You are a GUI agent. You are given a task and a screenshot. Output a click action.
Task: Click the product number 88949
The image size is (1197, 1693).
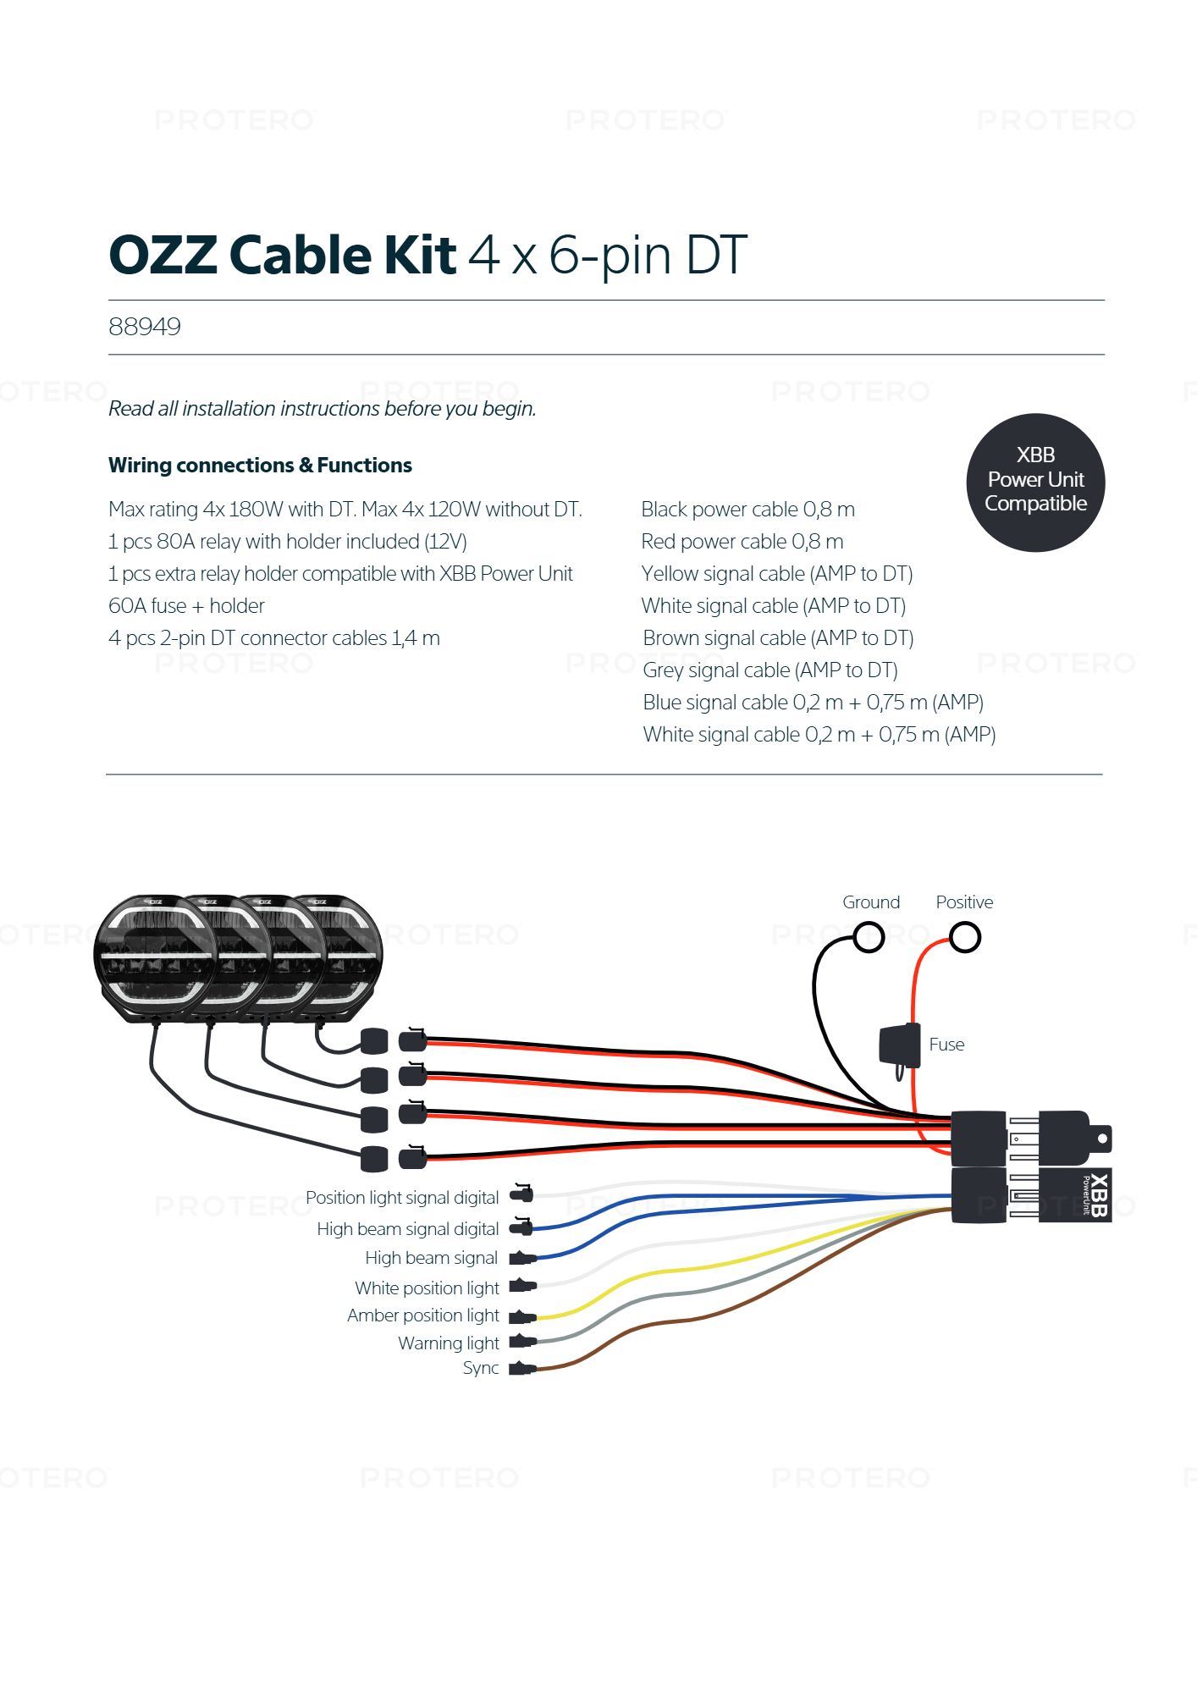click(x=145, y=327)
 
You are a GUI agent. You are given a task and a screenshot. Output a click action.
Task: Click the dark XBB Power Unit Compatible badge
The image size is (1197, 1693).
click(x=1035, y=482)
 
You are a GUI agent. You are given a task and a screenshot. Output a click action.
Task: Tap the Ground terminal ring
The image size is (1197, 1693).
click(x=869, y=938)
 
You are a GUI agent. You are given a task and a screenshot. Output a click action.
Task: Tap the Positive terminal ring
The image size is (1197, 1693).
click(x=965, y=938)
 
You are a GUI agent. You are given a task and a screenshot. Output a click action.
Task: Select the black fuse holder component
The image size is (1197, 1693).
click(x=900, y=1045)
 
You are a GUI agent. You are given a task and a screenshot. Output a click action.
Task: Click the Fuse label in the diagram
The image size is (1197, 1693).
click(x=946, y=1045)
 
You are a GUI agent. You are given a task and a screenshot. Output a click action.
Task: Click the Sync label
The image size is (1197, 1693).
click(x=481, y=1369)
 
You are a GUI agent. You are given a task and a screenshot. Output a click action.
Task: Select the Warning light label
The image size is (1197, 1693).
click(x=449, y=1343)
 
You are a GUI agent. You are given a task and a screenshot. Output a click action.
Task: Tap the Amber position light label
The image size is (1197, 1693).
click(x=423, y=1315)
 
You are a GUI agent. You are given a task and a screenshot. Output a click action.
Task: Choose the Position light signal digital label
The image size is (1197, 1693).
click(x=402, y=1198)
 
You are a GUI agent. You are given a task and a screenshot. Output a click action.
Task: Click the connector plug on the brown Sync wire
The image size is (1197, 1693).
click(x=521, y=1369)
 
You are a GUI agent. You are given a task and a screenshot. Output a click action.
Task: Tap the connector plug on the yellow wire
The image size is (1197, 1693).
click(x=522, y=1316)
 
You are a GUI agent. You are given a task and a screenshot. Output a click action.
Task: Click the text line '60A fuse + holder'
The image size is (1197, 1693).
click(x=186, y=606)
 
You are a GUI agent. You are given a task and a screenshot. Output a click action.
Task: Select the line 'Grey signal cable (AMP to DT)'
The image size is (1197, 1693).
click(x=769, y=670)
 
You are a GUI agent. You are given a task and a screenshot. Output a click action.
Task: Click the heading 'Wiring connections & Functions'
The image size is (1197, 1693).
click(x=260, y=466)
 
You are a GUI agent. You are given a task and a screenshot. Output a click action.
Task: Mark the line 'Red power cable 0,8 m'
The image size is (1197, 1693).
click(x=742, y=542)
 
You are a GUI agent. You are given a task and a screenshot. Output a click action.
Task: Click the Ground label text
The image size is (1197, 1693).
click(x=870, y=902)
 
